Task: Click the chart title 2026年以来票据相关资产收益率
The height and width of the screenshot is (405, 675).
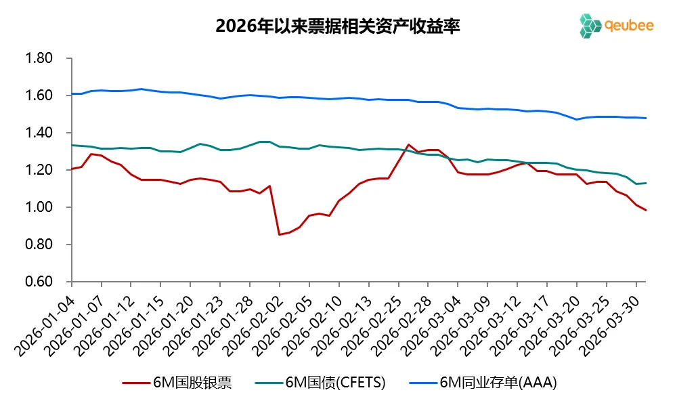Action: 338,26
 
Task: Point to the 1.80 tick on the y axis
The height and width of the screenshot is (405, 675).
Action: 39,59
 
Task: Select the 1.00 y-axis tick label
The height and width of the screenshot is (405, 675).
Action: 39,207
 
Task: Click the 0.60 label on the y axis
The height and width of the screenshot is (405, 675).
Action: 39,282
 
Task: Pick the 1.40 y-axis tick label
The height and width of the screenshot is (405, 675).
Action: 39,133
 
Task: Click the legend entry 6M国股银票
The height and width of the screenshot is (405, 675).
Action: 177,383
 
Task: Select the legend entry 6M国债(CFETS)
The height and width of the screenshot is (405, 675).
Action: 321,383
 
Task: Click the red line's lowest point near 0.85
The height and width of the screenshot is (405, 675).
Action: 280,234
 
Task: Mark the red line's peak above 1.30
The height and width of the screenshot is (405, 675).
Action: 408,144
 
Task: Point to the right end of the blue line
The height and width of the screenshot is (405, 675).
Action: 645,119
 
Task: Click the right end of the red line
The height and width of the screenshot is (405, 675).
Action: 645,210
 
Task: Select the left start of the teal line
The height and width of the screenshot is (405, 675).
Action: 72,145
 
